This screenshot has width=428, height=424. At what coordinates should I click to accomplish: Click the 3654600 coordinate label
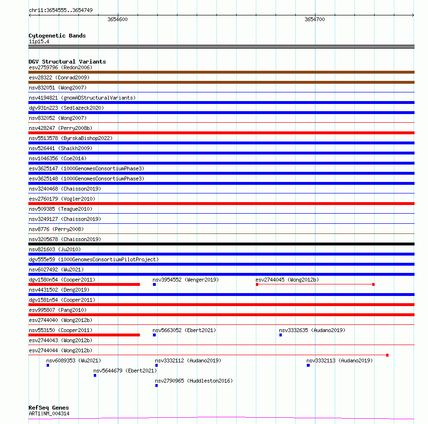coord(117,19)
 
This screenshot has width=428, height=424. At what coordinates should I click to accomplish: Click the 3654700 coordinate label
coord(315,19)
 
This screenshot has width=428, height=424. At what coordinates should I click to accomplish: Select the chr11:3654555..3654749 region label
coord(61,10)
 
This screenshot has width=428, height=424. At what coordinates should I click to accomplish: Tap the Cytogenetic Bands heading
coord(57,36)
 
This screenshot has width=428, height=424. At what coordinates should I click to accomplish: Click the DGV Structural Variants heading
coord(67,62)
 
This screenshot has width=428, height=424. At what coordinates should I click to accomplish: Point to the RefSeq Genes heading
coord(49,408)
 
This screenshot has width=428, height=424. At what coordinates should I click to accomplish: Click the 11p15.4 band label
coord(38,41)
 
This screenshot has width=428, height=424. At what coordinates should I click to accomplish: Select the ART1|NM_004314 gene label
coord(49,413)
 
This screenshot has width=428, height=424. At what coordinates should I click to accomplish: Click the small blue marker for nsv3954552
coord(154,284)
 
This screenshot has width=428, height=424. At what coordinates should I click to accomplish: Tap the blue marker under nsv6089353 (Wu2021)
coord(48,365)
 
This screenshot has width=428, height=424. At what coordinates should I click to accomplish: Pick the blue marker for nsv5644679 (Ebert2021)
coord(95,375)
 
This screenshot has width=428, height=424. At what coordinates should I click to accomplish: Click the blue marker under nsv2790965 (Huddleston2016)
coord(157,385)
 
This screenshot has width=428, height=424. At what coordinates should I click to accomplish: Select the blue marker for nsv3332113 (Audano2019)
coord(308,365)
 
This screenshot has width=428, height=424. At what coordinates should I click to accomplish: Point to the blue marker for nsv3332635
coord(280,335)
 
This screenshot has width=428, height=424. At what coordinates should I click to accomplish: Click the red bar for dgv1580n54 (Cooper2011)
coord(84,284)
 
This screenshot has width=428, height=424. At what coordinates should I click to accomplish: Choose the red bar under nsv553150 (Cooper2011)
coord(84,335)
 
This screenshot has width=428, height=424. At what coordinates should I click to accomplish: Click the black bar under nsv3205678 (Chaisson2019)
coord(221,244)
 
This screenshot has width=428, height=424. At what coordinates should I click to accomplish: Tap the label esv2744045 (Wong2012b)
coord(287,280)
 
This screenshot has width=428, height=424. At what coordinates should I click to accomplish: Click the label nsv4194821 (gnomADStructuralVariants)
coord(82,98)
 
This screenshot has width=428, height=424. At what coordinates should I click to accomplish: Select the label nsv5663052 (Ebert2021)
coord(184,330)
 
